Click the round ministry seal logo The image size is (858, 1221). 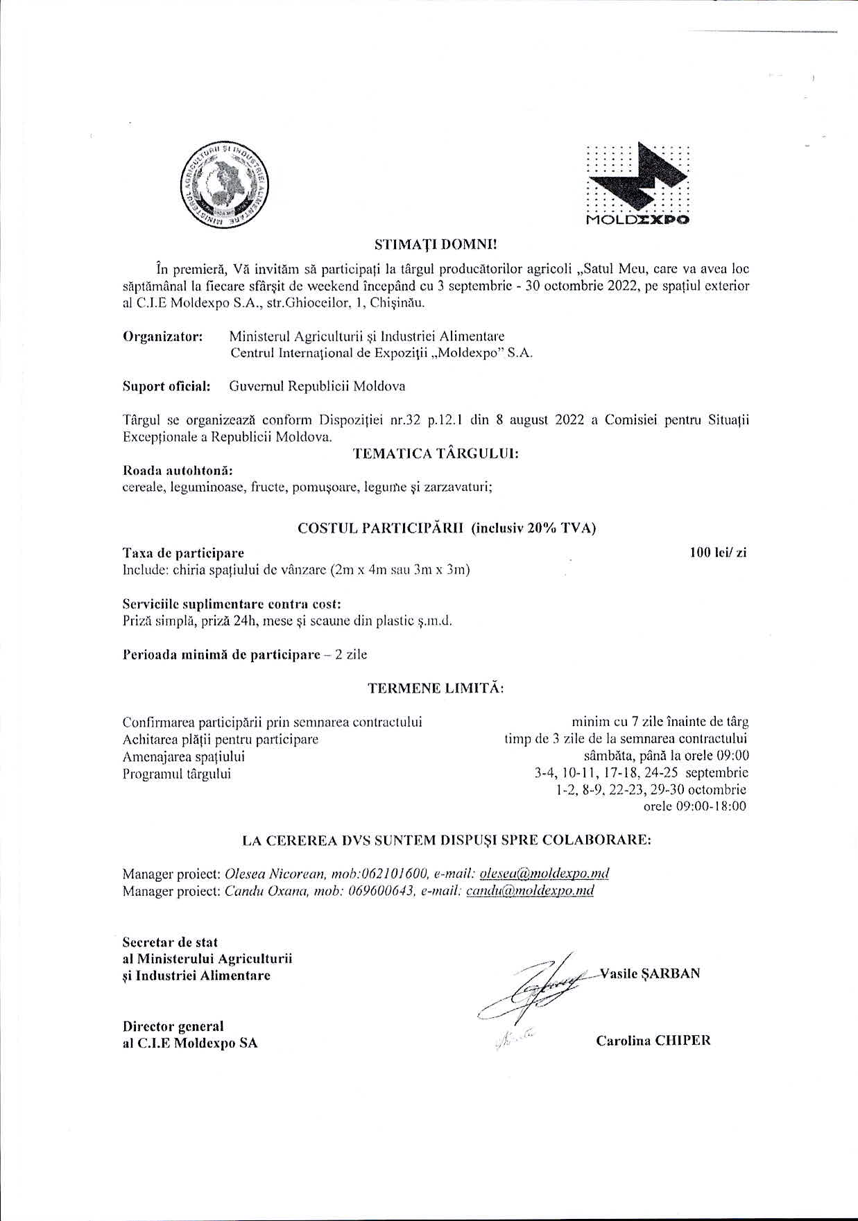coord(225,187)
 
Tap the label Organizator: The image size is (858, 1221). coord(163,337)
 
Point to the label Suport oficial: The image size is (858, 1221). coord(166,386)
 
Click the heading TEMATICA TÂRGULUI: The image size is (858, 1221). coord(436,454)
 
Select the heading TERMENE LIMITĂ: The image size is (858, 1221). coord(436,689)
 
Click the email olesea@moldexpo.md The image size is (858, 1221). coord(544,873)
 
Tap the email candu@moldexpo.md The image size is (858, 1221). coord(530,890)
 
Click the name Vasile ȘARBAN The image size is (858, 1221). coord(651,973)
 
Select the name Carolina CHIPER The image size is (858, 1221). coord(653,1040)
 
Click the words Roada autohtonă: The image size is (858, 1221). coord(167,471)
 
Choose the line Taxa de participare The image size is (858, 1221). coord(183,553)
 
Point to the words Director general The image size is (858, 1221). coord(173,1026)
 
